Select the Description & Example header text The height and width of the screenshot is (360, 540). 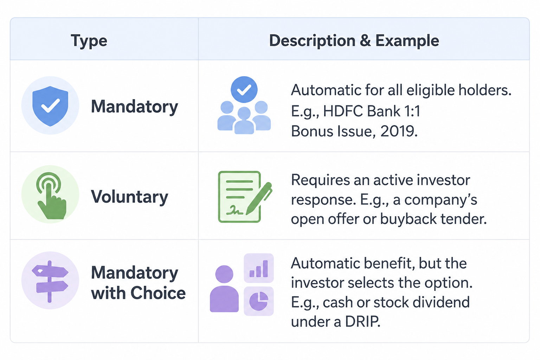click(354, 40)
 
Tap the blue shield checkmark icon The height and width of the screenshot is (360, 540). click(50, 106)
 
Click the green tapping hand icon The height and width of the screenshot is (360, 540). click(51, 196)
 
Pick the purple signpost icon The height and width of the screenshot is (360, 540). click(50, 281)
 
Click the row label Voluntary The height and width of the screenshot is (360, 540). click(129, 197)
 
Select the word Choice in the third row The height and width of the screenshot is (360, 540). click(158, 293)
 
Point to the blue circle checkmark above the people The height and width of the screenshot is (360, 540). click(244, 89)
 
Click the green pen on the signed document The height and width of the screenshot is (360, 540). click(259, 198)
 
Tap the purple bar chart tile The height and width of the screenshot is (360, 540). click(259, 268)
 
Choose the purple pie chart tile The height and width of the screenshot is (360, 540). click(259, 301)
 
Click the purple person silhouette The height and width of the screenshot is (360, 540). click(224, 289)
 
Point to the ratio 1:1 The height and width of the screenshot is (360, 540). click(412, 111)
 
